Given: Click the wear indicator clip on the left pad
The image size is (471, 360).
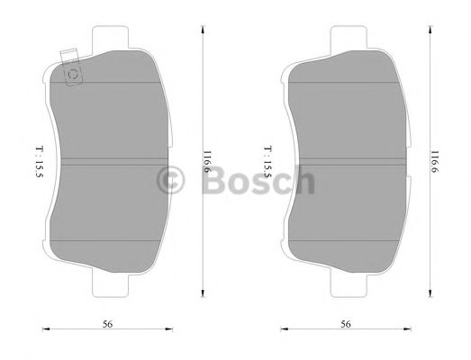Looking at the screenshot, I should [x=69, y=72].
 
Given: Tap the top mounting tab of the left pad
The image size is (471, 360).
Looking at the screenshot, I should [x=113, y=37].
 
